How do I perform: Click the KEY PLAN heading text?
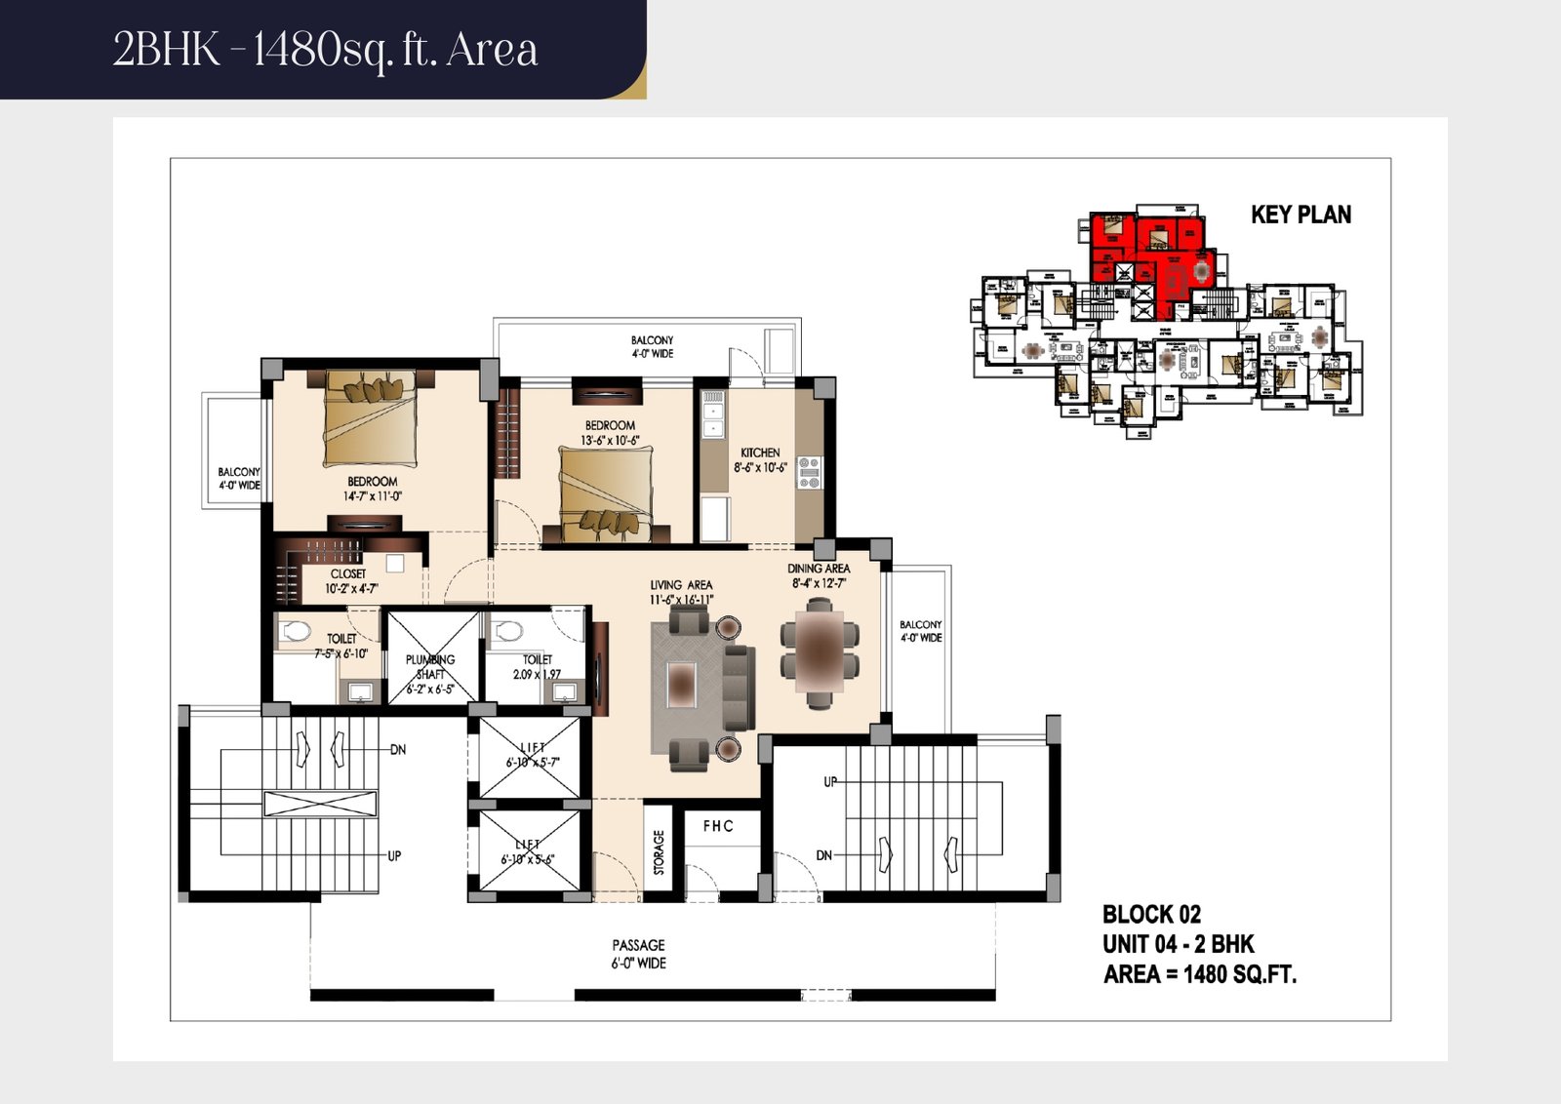coord(1301,215)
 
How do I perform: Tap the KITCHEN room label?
coord(760,453)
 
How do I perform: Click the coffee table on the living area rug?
coord(681,683)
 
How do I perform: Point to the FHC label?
coord(718,826)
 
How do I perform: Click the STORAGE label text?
coord(659,851)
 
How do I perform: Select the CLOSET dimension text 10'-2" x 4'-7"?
coord(351,588)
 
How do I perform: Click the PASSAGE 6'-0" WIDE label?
coord(639,954)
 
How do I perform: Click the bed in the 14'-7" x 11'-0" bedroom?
coord(371,419)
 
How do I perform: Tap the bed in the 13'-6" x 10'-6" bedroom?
coord(605,493)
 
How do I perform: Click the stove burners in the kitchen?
coord(809,472)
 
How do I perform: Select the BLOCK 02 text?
coord(1151,914)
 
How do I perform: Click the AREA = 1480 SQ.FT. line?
coord(1200,974)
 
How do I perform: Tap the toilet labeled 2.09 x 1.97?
coord(537,666)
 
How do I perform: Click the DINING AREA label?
coord(819,569)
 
